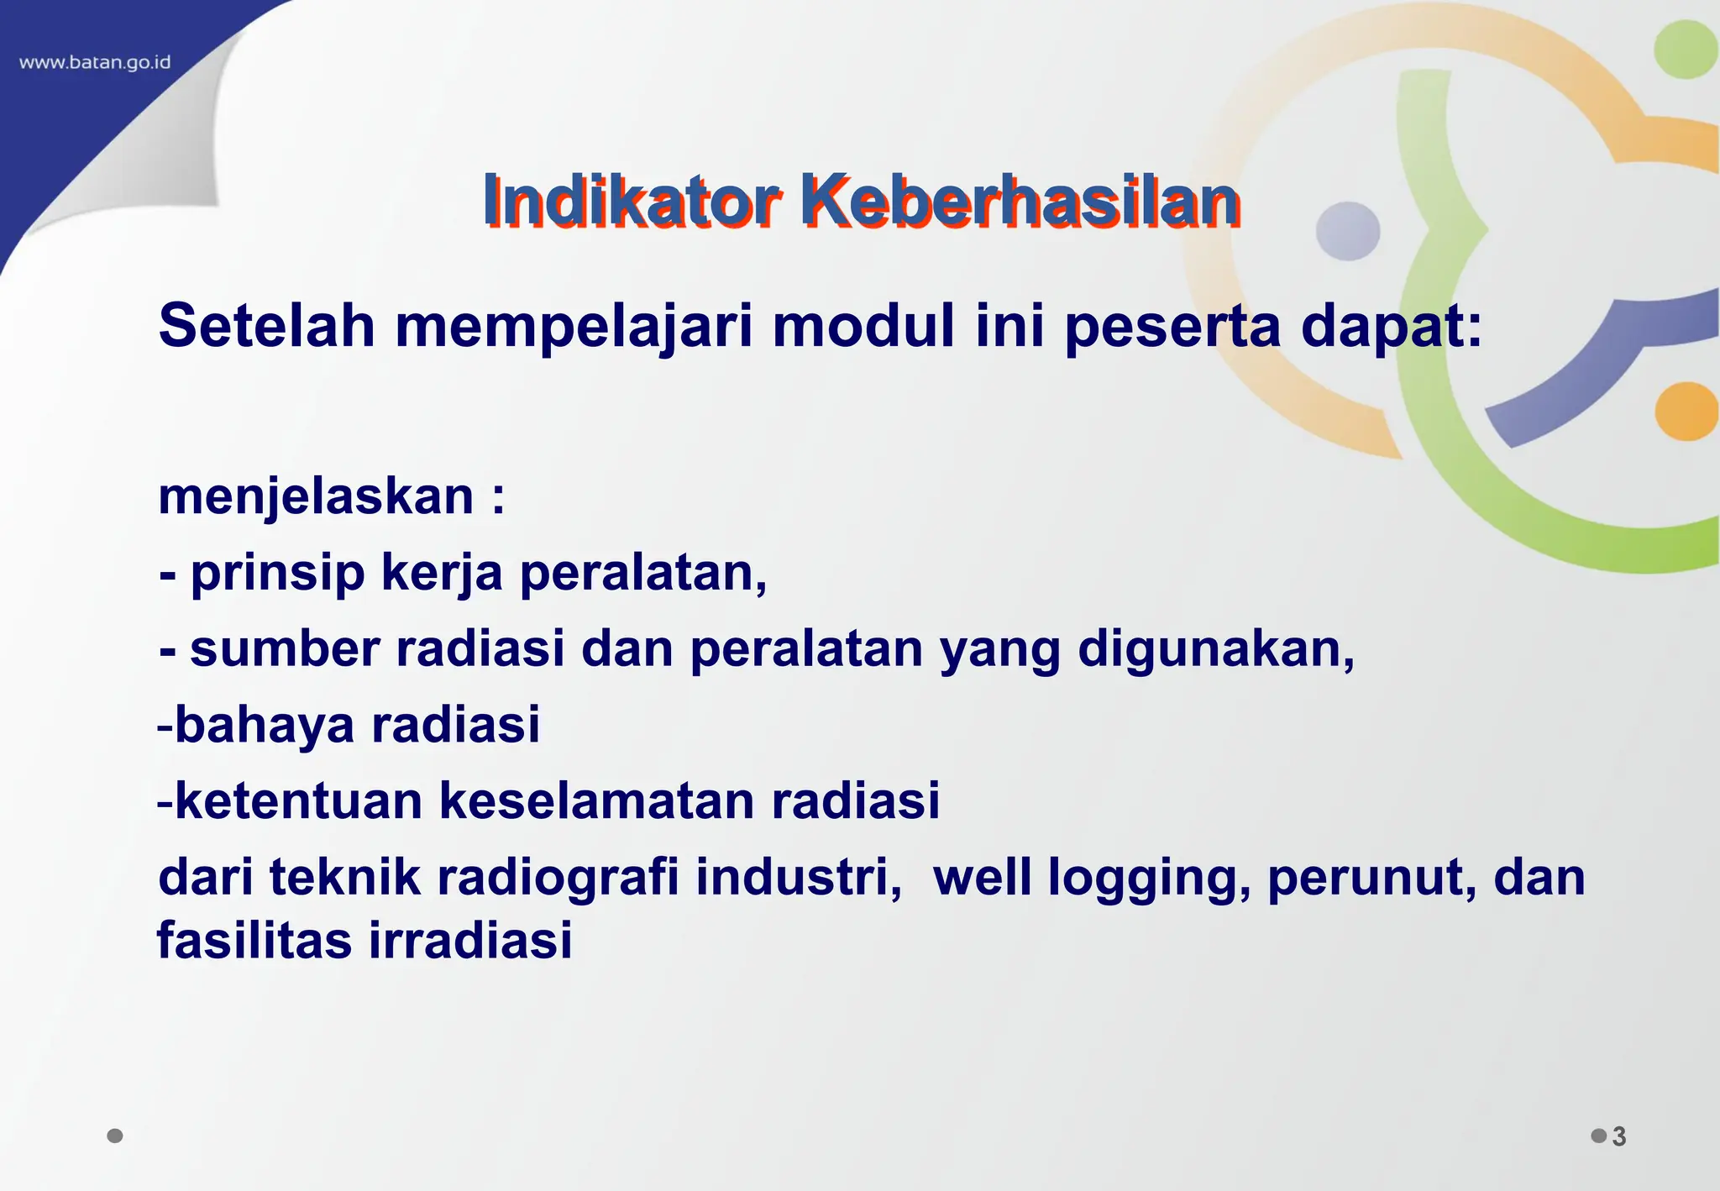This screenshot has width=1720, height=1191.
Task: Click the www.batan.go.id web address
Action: click(x=95, y=63)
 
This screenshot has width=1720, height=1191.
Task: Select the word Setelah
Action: click(x=266, y=326)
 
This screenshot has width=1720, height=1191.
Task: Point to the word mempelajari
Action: click(x=574, y=328)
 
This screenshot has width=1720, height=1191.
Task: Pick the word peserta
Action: click(x=1172, y=328)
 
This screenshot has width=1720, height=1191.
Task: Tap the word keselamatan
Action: click(x=596, y=800)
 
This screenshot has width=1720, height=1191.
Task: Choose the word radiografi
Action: click(x=558, y=877)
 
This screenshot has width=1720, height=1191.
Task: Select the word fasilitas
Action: click(x=254, y=940)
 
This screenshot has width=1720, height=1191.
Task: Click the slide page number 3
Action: click(x=1619, y=1136)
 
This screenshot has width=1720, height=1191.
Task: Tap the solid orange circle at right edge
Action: click(x=1686, y=412)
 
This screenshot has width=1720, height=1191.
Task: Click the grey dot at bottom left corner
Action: click(x=115, y=1136)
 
